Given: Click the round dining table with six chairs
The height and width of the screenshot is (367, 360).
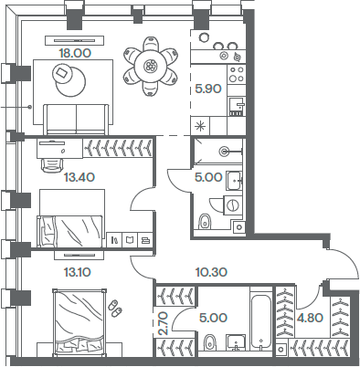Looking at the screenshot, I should click(x=151, y=65).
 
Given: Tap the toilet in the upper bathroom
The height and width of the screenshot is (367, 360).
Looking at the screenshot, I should click(x=204, y=220).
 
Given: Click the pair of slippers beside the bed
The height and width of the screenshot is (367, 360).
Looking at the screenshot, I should click(x=114, y=308).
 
